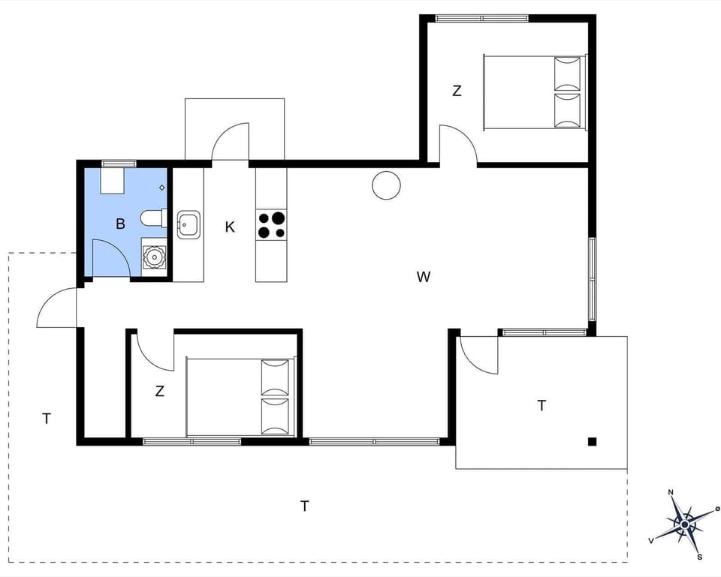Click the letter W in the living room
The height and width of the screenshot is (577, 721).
coord(424,277)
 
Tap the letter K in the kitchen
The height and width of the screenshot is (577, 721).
coord(230,227)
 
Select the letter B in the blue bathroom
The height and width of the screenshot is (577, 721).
coord(119,223)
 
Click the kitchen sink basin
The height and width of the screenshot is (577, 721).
coord(188,224)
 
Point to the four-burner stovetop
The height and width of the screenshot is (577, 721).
coord(271,225)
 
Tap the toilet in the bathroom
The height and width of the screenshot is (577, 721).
coord(152,218)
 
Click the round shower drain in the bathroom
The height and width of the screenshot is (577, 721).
coord(154,256)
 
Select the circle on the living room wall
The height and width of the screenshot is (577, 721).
coord(386,185)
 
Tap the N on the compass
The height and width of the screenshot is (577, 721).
coord(671,493)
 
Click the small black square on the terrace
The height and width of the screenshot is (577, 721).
coord(592,441)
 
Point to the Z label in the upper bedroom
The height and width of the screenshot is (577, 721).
coord(456,92)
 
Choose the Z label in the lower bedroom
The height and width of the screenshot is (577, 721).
coord(159,391)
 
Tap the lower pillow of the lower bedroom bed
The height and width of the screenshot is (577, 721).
coord(274,416)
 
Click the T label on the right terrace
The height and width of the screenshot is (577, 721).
coord(542,406)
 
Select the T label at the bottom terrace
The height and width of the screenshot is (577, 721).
coord(304,506)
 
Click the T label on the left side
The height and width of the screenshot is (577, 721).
coord(47,419)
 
